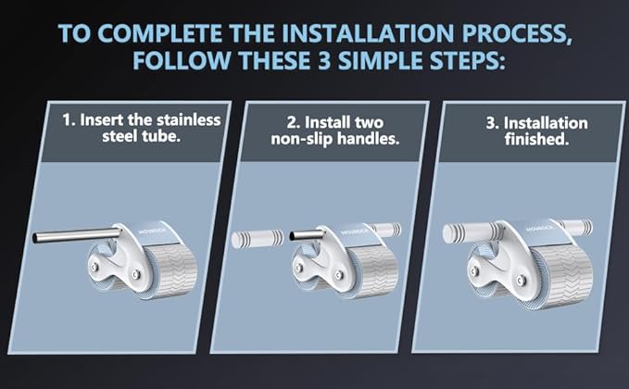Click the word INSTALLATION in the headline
(368, 33)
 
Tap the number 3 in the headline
(323, 61)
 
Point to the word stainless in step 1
(189, 119)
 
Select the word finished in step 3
(536, 139)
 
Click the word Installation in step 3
(546, 122)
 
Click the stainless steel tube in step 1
(76, 235)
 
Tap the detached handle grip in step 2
(258, 239)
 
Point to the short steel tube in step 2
(307, 235)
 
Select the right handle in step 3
(576, 228)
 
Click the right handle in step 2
(385, 230)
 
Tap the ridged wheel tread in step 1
(173, 270)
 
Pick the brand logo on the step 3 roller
(539, 228)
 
